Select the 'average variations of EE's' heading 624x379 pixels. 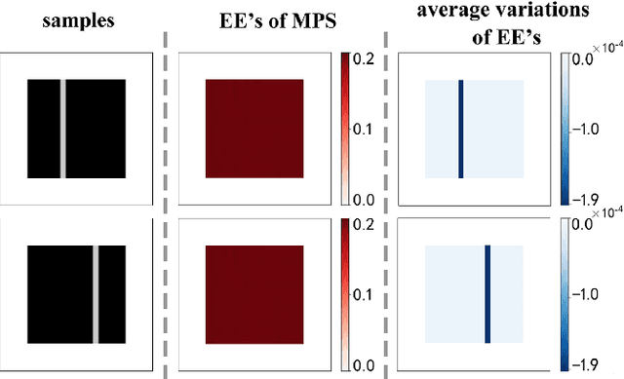click(478, 21)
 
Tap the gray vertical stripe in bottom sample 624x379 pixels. click(96, 293)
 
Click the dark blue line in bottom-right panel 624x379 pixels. click(487, 293)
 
